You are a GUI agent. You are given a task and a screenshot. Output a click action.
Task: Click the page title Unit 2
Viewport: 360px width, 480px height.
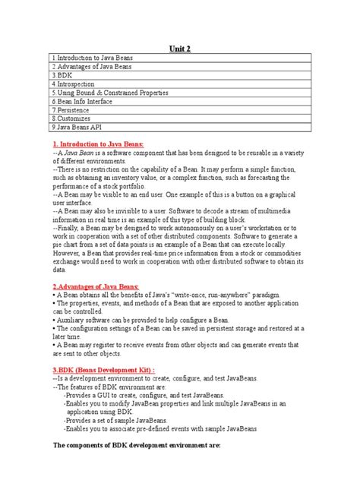179,49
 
